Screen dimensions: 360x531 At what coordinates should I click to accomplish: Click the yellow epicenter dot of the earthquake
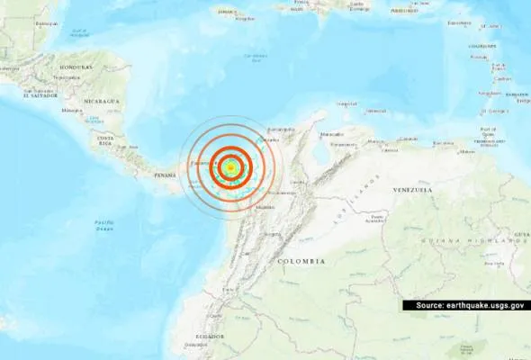tap(231, 167)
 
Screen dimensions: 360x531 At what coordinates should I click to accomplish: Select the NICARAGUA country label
tap(100, 102)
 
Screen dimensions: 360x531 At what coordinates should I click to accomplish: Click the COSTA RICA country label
tap(105, 140)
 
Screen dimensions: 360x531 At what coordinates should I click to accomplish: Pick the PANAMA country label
tap(165, 175)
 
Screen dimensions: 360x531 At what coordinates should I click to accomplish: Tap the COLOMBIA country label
tap(301, 260)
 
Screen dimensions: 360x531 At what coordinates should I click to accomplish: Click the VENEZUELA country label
tap(412, 190)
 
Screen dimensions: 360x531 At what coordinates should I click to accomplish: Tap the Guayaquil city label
tap(195, 344)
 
